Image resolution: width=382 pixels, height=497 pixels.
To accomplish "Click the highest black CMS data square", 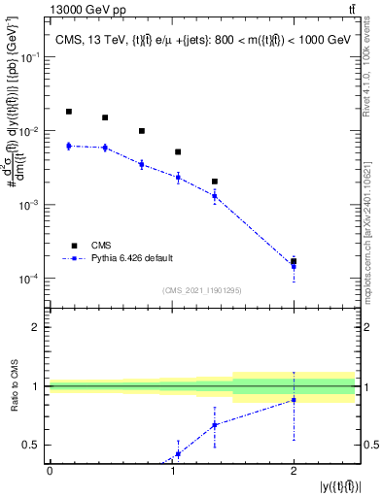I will click(68, 112).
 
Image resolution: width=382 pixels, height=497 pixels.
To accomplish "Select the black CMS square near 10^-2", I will click(142, 131).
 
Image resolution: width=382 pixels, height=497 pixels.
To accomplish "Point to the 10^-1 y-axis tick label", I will click(32, 57).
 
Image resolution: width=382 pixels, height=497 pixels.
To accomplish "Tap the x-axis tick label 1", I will click(171, 471).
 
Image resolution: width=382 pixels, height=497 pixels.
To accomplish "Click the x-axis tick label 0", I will click(50, 471).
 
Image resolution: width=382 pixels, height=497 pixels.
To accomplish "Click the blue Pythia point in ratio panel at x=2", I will click(294, 400).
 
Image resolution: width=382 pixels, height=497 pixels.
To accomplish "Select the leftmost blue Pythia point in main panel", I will click(68, 146).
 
